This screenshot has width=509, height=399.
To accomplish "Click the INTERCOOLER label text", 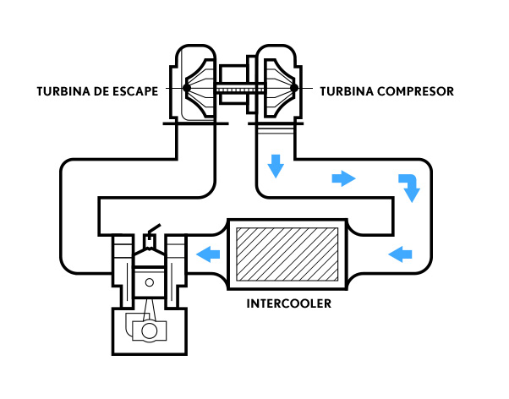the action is pyautogui.click(x=289, y=303).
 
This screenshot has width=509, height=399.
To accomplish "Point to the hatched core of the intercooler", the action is pyautogui.click(x=287, y=254).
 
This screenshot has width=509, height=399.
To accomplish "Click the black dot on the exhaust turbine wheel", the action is pyautogui.click(x=186, y=88).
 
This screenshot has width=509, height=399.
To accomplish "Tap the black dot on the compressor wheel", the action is pyautogui.click(x=294, y=88).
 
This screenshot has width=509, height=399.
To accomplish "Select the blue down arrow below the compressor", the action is pyautogui.click(x=276, y=166).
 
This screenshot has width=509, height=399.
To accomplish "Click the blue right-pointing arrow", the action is pyautogui.click(x=343, y=178).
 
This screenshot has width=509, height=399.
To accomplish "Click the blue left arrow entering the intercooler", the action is pyautogui.click(x=400, y=254).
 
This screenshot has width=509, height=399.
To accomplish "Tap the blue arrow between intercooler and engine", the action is pyautogui.click(x=208, y=254).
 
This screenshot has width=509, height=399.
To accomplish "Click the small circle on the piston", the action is pyautogui.click(x=150, y=282).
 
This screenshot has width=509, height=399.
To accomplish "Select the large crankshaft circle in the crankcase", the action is pyautogui.click(x=150, y=331).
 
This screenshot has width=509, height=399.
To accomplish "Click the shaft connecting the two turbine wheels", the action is pyautogui.click(x=240, y=88).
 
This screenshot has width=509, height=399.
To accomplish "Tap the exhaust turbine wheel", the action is pyautogui.click(x=200, y=88).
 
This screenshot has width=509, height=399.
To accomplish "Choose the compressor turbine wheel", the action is pyautogui.click(x=281, y=88).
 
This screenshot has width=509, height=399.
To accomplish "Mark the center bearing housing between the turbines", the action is pyautogui.click(x=233, y=85).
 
